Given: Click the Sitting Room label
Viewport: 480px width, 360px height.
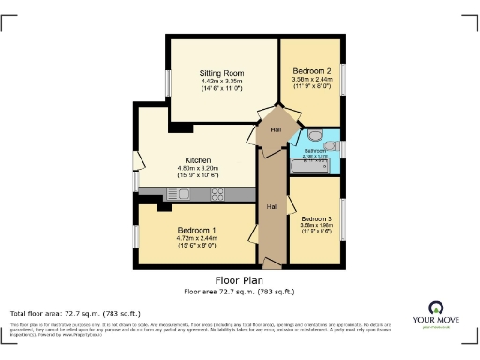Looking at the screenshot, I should [221, 72].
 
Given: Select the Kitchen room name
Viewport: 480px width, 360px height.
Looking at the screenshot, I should [198, 160].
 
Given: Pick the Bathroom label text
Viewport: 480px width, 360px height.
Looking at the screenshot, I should [315, 150].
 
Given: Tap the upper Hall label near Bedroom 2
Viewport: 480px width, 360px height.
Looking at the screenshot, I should [276, 129].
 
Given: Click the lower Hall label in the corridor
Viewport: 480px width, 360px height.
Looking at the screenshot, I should [272, 206].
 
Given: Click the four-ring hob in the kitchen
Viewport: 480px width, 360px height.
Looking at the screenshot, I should [217, 194].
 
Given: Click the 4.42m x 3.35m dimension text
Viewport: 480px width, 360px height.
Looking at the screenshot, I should [221, 82].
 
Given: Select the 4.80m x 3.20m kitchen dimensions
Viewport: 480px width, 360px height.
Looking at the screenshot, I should [198, 169].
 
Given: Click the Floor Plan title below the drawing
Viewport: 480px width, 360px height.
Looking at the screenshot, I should [239, 279].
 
